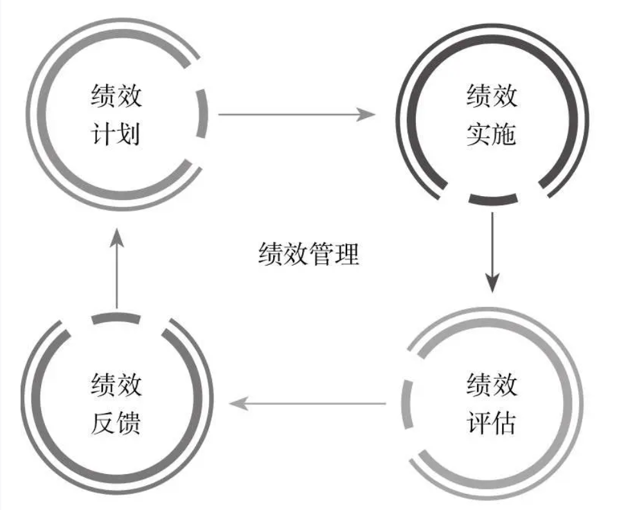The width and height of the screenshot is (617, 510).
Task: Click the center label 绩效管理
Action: [308, 255]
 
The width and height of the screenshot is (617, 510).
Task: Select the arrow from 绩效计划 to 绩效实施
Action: [296, 115]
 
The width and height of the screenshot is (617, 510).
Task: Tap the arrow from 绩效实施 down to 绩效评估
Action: [492, 251]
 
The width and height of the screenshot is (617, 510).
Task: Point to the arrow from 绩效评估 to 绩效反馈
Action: [308, 404]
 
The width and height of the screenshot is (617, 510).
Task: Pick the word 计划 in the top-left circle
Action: [116, 135]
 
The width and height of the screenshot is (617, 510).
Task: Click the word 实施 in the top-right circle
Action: [492, 135]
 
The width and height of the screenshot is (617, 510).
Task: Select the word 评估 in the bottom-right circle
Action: [492, 423]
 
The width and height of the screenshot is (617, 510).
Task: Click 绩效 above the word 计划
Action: [116, 98]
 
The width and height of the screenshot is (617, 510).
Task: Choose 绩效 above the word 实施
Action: [492, 98]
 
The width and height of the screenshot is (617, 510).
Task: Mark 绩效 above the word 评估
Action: [492, 385]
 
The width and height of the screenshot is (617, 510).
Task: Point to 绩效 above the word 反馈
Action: [116, 386]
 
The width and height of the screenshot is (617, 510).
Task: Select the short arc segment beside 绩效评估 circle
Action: [405, 404]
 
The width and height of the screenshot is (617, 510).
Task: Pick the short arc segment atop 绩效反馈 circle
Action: [116, 318]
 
